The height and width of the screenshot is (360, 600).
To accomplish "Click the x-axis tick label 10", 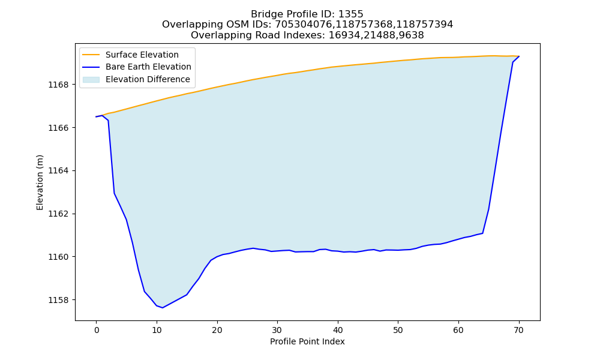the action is [x=157, y=330].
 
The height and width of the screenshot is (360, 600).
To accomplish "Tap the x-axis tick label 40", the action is [x=337, y=330].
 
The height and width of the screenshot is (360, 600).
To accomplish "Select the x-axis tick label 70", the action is [x=518, y=330].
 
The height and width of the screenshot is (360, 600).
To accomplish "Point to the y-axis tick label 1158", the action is [x=59, y=300].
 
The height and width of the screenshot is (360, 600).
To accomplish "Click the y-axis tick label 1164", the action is [x=59, y=170].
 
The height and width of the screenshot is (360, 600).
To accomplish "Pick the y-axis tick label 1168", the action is [x=59, y=85].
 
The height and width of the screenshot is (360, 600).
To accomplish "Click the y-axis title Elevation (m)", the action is [x=40, y=182].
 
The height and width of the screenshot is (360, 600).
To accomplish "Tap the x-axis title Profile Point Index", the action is [x=307, y=341].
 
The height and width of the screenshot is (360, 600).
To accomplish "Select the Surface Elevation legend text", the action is [x=142, y=55].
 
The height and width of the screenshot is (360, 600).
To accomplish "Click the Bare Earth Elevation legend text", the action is [x=148, y=67].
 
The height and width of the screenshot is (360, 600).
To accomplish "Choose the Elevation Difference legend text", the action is [x=148, y=79].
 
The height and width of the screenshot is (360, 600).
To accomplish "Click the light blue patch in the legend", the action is [x=91, y=80].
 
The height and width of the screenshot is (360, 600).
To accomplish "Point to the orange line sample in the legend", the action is [x=91, y=55].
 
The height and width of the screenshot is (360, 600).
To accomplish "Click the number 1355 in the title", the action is [x=350, y=14].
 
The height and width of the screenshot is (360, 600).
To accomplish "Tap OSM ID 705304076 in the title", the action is [x=303, y=25].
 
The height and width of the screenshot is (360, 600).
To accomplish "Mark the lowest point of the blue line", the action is [x=162, y=308].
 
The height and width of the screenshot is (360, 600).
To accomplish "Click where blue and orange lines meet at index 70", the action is [x=519, y=56].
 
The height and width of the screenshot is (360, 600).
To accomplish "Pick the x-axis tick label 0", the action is [x=97, y=330].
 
